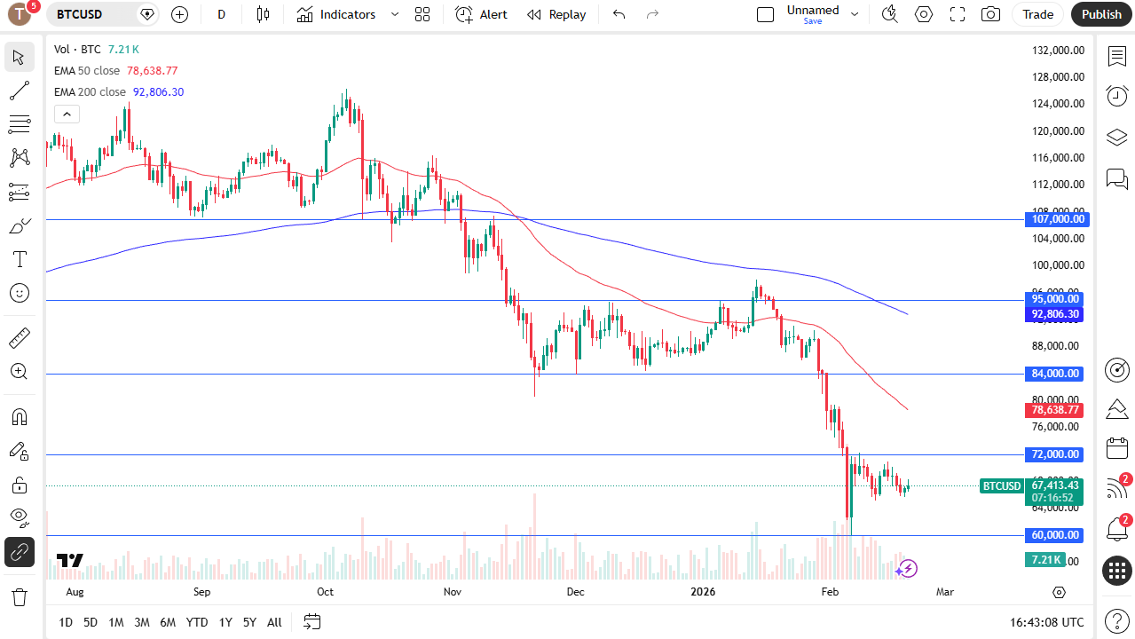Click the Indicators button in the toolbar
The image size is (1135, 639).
[336, 14]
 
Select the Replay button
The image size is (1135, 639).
[556, 14]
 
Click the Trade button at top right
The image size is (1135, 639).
[1037, 14]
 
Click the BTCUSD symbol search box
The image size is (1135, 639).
[93, 14]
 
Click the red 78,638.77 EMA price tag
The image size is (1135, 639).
[1055, 410]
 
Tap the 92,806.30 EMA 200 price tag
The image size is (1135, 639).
[1055, 314]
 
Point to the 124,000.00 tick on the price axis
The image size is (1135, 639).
[1059, 104]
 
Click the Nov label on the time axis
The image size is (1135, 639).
[453, 592]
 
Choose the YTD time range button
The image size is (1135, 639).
[197, 622]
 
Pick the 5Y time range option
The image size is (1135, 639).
[249, 622]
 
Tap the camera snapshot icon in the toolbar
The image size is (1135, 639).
[990, 14]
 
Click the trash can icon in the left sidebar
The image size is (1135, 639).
[20, 596]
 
